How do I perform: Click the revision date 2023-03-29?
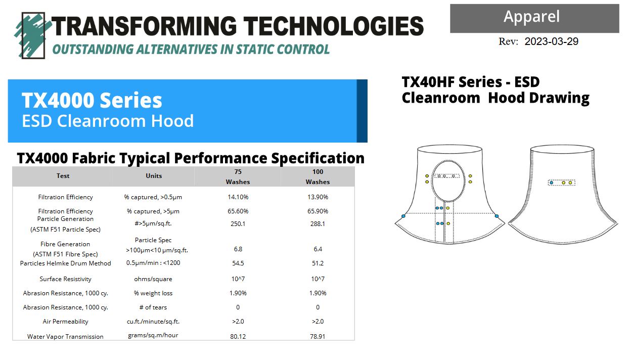tap(551, 41)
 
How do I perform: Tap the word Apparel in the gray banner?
tap(531, 17)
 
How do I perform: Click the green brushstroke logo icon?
tap(33, 35)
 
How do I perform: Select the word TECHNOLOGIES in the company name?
tap(333, 26)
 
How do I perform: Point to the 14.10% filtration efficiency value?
tap(238, 197)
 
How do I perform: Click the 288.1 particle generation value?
tap(318, 224)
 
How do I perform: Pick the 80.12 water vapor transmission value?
tap(238, 336)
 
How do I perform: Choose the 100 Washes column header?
tap(318, 176)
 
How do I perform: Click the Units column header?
tap(154, 176)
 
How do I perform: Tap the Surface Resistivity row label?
tap(65, 279)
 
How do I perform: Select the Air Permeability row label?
tap(65, 321)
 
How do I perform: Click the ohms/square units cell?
tap(153, 279)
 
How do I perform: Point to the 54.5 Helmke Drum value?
tap(238, 263)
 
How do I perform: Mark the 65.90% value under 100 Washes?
tap(318, 211)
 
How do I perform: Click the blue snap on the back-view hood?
tap(552, 183)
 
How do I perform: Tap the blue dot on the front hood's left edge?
tap(403, 216)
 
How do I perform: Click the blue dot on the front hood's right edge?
tap(497, 216)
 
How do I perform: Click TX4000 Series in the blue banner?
tap(92, 100)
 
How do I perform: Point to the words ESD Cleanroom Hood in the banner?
tap(108, 121)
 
